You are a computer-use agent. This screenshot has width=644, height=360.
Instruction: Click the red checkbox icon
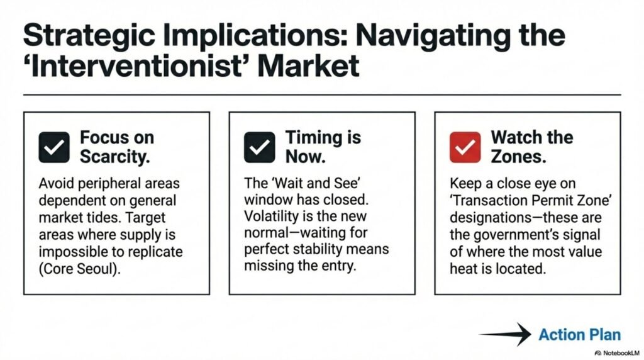(465, 147)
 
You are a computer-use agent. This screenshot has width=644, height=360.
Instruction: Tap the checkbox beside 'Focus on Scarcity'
(54, 147)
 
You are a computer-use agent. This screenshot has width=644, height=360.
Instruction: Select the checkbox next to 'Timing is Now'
(260, 147)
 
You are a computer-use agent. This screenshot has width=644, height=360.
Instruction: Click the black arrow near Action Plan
(505, 334)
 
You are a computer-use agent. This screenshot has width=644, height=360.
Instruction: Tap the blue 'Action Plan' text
(579, 335)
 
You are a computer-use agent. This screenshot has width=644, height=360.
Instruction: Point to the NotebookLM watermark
(617, 353)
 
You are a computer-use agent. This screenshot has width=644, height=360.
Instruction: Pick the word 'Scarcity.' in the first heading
(115, 157)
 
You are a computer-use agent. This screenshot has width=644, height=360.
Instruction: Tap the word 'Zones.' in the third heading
(519, 157)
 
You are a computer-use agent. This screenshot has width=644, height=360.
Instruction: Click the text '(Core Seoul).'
(80, 269)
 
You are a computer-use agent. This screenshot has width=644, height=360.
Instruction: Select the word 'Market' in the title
(308, 67)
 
